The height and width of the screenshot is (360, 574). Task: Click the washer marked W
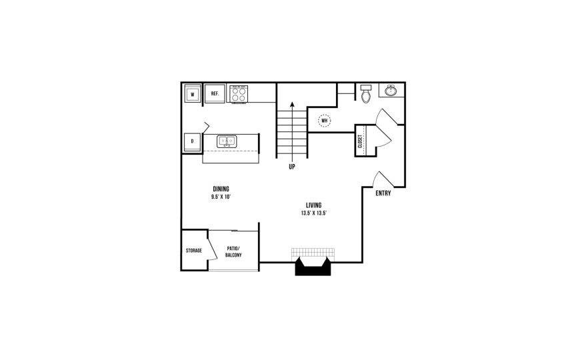click(192, 94)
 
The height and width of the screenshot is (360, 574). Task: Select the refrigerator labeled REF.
click(215, 94)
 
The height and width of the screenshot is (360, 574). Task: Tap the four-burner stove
click(238, 94)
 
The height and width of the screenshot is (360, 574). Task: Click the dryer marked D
click(192, 141)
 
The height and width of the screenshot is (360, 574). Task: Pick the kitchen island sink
click(227, 141)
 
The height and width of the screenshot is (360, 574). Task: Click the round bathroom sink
click(389, 91)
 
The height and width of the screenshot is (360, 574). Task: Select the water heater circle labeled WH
click(324, 121)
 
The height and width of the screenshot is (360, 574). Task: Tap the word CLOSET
click(360, 141)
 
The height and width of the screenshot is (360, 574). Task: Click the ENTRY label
click(383, 194)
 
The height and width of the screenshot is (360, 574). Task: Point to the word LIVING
click(313, 205)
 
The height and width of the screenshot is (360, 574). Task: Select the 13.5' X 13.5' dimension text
click(313, 213)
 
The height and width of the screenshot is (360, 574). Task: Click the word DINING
click(221, 189)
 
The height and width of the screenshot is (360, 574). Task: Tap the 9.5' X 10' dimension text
click(221, 197)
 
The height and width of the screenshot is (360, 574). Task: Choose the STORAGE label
click(194, 251)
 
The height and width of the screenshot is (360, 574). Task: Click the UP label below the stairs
click(292, 167)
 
